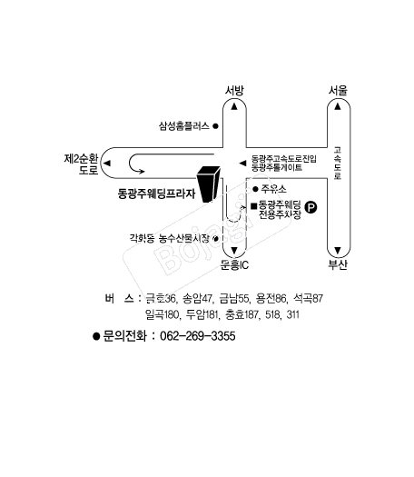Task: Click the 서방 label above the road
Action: point(234,90)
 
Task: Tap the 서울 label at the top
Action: point(338,90)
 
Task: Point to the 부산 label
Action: point(338,264)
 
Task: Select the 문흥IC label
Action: point(234,265)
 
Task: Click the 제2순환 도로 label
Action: point(81,164)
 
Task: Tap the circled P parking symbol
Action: point(310,207)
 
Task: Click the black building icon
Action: point(209,184)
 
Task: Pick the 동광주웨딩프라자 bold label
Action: point(156,194)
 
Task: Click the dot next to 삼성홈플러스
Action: point(215,126)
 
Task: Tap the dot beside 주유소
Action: point(255,189)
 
